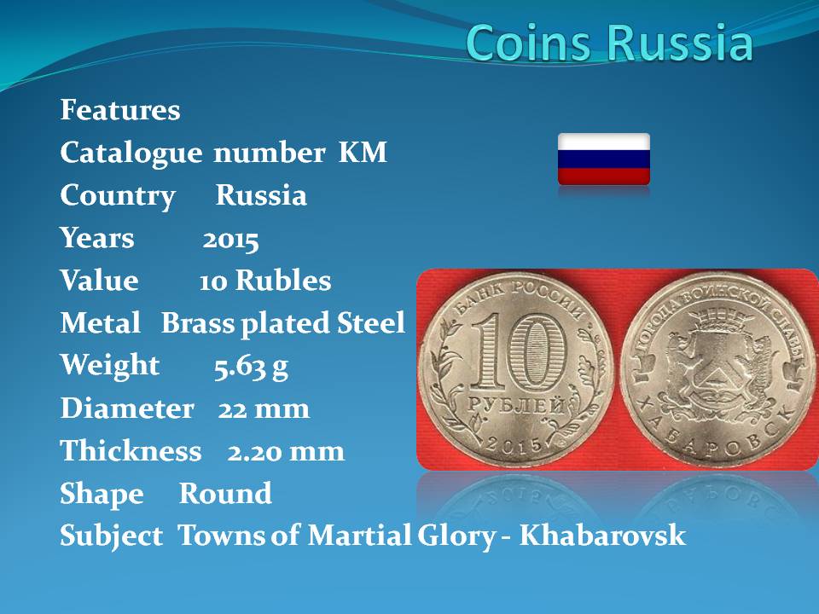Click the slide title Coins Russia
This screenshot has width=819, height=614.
tap(609, 42)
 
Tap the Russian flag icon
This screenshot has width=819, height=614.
tap(604, 159)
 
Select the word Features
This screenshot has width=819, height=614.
tap(120, 110)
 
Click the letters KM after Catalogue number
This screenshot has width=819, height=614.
tap(363, 153)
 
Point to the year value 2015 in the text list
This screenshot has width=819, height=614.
tap(230, 240)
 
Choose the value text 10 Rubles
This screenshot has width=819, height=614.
tap(264, 281)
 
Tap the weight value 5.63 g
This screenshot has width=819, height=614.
tap(251, 367)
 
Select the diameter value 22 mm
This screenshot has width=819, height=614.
tap(264, 408)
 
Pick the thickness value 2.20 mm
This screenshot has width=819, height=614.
tap(286, 451)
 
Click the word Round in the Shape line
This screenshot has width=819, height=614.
tap(225, 494)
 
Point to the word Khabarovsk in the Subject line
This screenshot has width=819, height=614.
tap(601, 536)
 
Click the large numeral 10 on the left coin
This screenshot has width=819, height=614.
tap(519, 352)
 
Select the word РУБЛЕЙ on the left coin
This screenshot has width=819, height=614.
tap(516, 406)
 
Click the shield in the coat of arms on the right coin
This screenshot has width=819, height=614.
tap(717, 366)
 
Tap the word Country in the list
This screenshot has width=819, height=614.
tap(118, 196)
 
